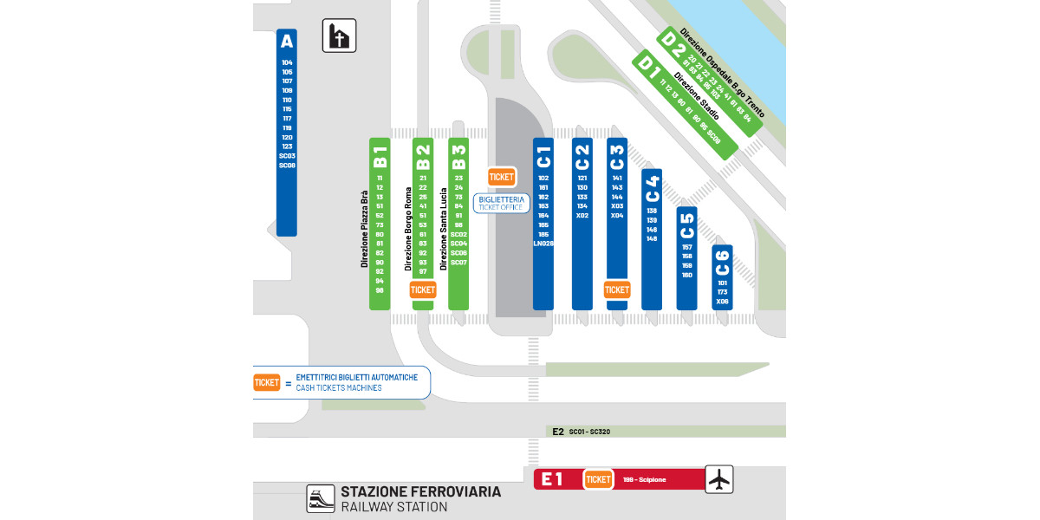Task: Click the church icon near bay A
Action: point(340,36)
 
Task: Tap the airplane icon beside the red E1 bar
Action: point(718,479)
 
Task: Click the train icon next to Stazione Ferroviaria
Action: point(321,498)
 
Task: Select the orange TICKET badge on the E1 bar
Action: point(598,479)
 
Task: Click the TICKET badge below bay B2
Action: point(423,290)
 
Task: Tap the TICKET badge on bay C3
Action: point(617,290)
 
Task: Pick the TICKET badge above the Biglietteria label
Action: point(502,177)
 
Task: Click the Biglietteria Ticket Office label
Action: point(502,204)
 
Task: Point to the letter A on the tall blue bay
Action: point(287,42)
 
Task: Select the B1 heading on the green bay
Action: point(380,157)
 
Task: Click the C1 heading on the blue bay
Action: point(543,157)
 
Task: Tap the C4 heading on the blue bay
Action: point(652,187)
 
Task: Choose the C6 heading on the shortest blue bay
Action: point(722,262)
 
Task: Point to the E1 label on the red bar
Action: point(553,479)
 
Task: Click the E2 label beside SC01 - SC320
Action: point(558,431)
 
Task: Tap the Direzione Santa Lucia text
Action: point(442,231)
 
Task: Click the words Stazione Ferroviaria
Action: point(420,491)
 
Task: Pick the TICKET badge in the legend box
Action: point(267,382)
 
